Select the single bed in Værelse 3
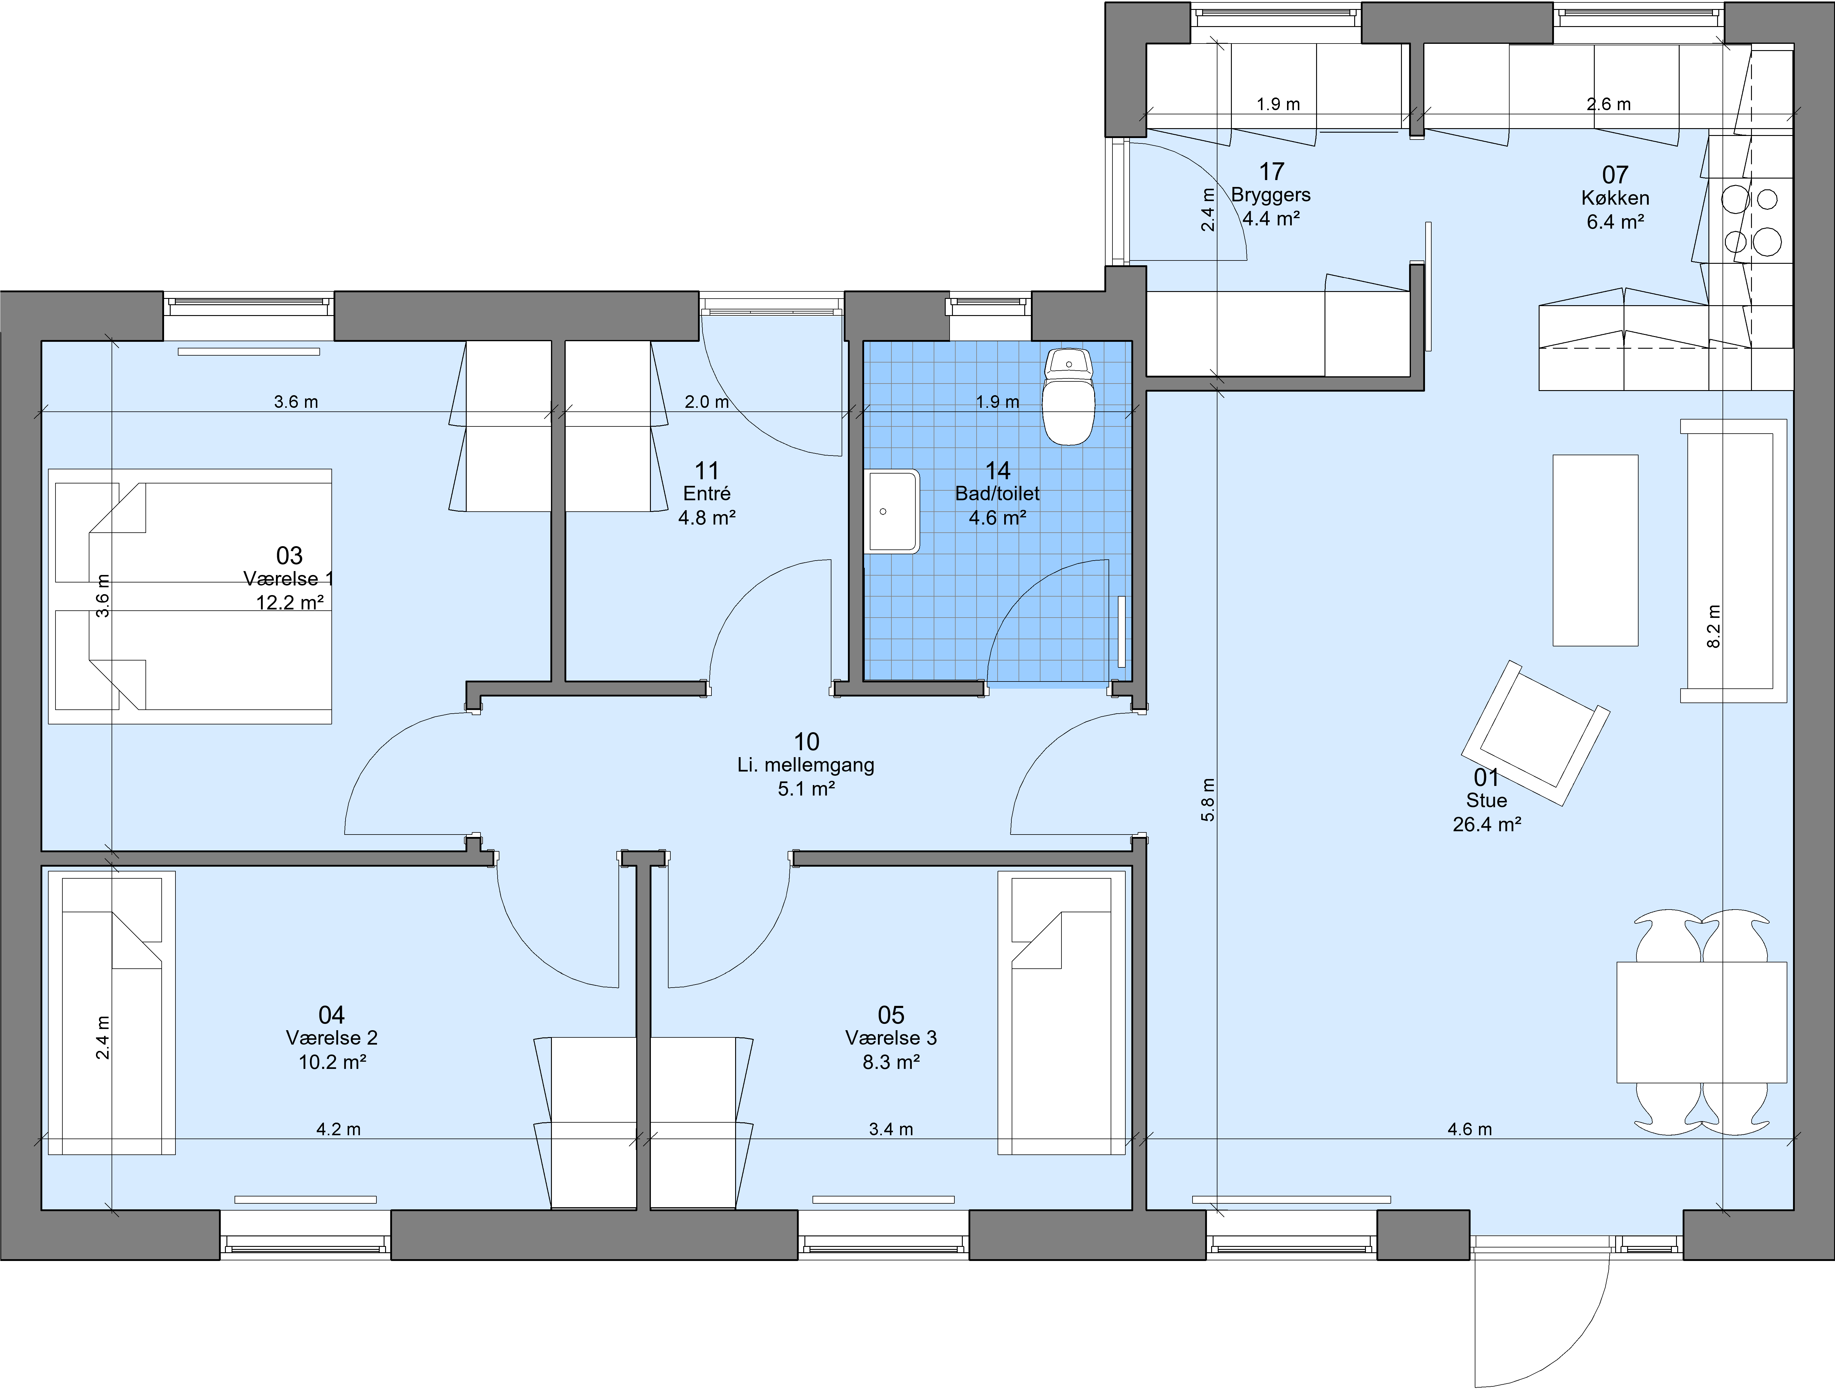point(1062,1012)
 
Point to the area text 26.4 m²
point(1486,824)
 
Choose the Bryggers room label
point(1271,195)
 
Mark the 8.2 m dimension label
point(1714,626)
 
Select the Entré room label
point(707,494)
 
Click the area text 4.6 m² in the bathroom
point(998,518)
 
